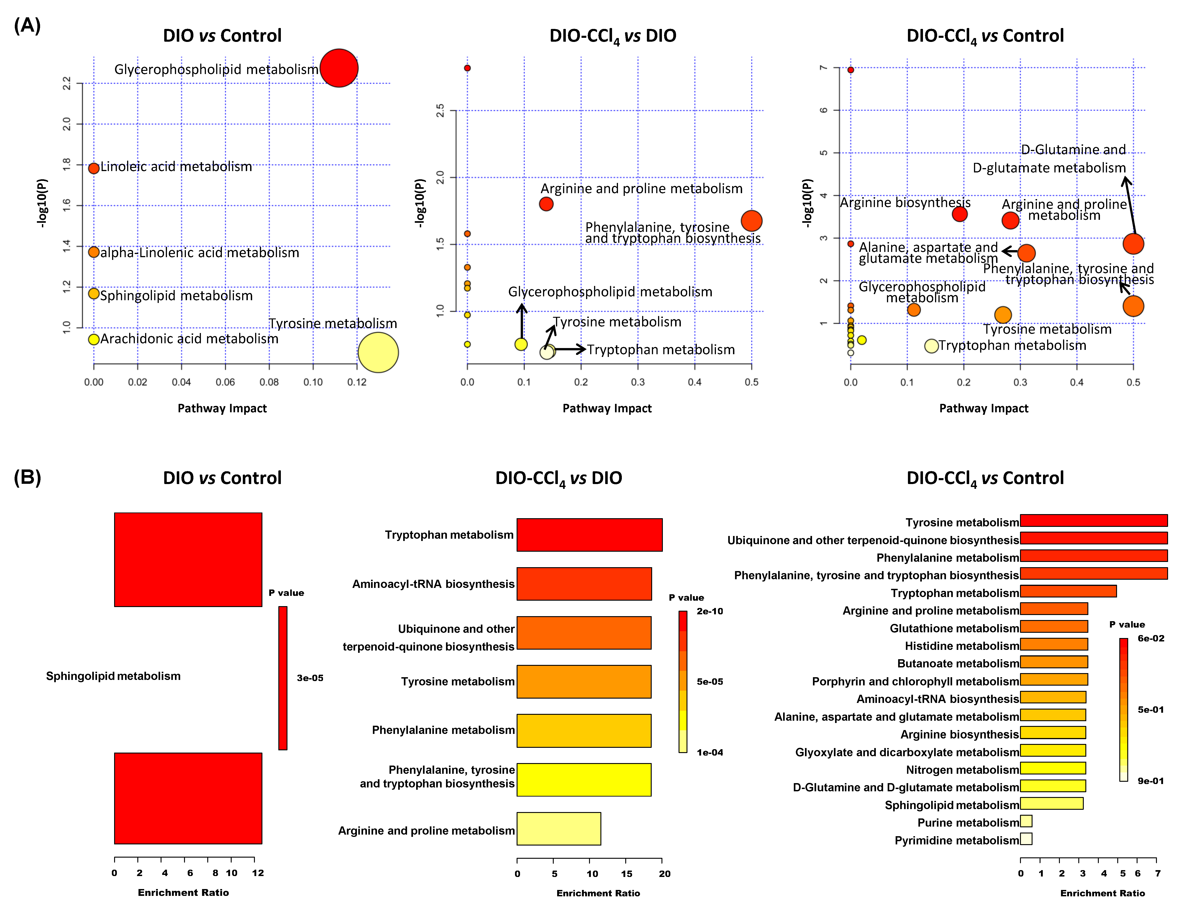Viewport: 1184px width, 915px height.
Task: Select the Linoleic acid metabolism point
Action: [x=94, y=168]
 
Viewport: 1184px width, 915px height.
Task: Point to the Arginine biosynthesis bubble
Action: [x=960, y=214]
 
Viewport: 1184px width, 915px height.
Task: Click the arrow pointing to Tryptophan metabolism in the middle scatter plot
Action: [x=569, y=349]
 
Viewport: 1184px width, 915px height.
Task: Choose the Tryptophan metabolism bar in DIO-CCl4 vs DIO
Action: [x=589, y=535]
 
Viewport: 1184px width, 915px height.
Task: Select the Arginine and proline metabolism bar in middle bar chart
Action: [x=558, y=828]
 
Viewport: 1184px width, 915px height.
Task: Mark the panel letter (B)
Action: [x=27, y=477]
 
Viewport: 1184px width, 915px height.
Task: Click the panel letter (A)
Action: [x=27, y=26]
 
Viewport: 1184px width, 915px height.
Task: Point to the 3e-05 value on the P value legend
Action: [x=310, y=678]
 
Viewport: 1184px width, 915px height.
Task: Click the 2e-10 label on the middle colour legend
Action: [x=710, y=611]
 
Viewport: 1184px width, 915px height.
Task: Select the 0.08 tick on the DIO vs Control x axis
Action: [x=269, y=382]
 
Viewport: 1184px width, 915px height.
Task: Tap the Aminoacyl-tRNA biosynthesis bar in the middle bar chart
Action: [x=584, y=584]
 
